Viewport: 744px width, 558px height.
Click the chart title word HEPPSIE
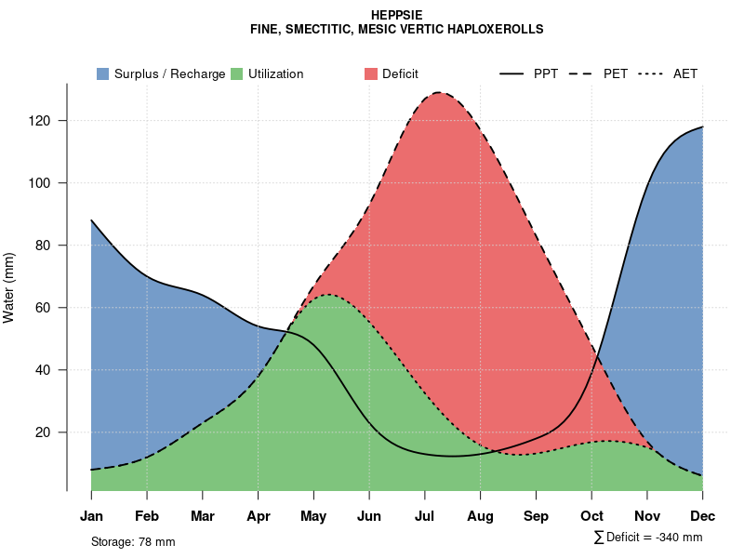point(396,16)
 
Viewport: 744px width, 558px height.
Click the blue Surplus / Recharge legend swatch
point(102,73)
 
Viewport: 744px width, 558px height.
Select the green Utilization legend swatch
point(236,73)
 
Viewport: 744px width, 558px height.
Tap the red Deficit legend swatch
point(371,73)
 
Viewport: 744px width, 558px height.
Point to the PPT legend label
point(546,73)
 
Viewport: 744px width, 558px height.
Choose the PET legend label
point(615,73)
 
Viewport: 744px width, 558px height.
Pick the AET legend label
point(685,73)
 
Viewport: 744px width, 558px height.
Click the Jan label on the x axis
point(91,516)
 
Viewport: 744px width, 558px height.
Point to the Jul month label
point(425,516)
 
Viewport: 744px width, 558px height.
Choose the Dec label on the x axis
point(703,516)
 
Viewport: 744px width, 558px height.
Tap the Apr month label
point(258,516)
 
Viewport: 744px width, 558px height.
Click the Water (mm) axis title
point(9,287)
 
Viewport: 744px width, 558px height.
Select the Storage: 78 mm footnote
point(133,541)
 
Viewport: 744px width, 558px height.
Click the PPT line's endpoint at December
point(702,126)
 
